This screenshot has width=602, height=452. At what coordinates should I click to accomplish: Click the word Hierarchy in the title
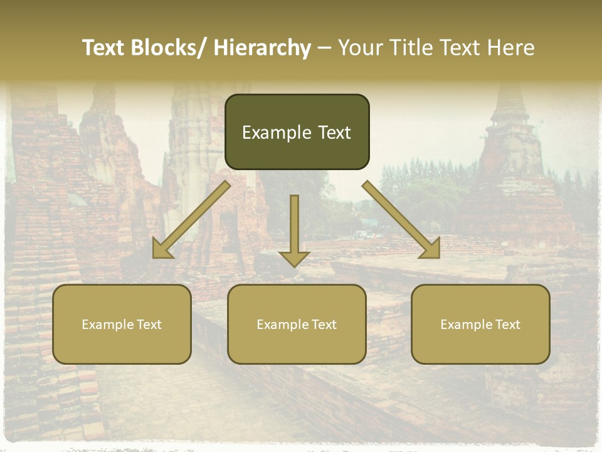(x=262, y=48)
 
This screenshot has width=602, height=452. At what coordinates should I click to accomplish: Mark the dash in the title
(x=324, y=48)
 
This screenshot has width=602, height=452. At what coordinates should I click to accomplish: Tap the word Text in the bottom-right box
(x=507, y=325)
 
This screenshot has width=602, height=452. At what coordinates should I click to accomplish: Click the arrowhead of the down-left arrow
(x=162, y=249)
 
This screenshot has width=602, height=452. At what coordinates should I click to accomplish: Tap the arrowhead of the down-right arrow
(x=431, y=249)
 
